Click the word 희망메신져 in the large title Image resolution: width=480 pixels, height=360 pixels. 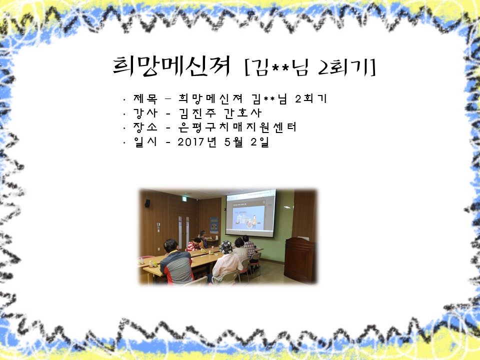coord(171,66)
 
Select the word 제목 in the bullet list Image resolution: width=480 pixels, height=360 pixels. coord(145,98)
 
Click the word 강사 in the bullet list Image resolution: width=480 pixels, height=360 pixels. coord(145,113)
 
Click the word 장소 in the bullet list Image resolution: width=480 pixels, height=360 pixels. coord(145,127)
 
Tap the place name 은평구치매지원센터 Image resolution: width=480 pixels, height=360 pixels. coord(237,127)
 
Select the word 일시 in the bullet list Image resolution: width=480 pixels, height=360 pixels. coord(145,141)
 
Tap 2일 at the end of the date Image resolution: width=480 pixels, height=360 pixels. coord(259,141)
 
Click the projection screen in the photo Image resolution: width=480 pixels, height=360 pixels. coord(250,213)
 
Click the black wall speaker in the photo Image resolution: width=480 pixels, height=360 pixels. coord(147,203)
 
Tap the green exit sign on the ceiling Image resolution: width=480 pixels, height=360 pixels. coord(184,199)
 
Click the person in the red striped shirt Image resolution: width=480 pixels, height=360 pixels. coord(194,244)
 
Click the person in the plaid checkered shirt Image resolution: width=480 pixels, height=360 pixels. coord(249,246)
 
